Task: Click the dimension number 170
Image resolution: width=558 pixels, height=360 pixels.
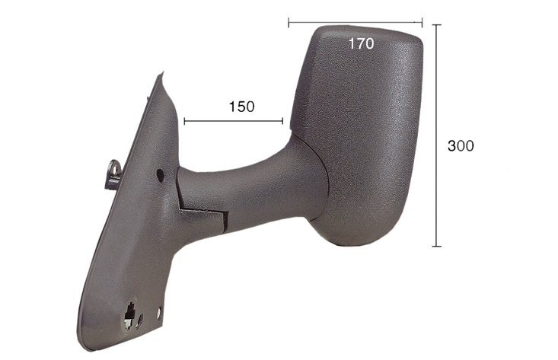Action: pos(361,43)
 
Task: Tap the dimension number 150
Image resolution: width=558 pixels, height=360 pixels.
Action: pos(241,107)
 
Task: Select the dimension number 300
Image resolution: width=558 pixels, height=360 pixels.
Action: pos(461,146)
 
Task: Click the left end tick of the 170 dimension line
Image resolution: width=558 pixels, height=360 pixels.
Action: pos(289,22)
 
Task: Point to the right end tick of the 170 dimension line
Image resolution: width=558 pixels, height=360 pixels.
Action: pos(422,22)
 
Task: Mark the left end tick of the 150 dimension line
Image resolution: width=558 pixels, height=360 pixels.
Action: pos(185,122)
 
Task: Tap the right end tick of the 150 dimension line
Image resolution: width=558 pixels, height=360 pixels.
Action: pos(282,122)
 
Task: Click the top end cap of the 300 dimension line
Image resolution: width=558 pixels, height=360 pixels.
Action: pos(437,25)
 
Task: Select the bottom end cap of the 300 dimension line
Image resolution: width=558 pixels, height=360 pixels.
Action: pos(437,246)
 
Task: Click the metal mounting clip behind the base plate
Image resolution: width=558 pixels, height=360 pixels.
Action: pos(114,174)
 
